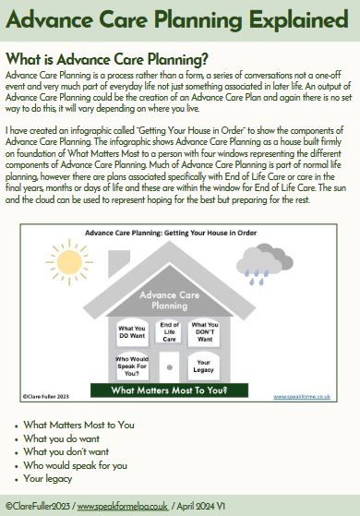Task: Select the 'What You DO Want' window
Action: pyautogui.click(x=132, y=330)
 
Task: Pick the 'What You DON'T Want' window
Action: pyautogui.click(x=204, y=330)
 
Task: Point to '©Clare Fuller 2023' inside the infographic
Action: pyautogui.click(x=47, y=397)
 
